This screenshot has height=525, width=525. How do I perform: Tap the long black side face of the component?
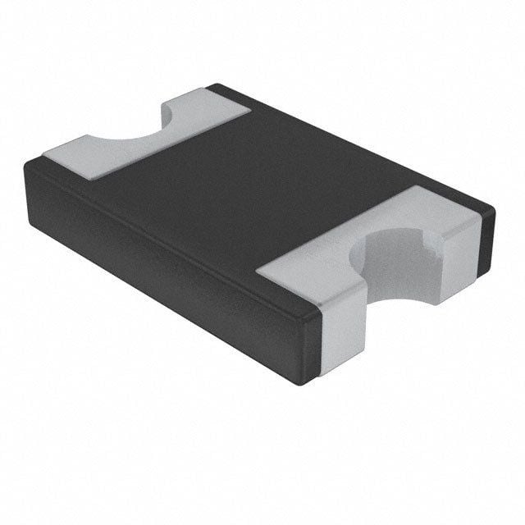tap(164, 246)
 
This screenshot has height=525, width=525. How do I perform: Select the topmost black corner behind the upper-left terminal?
tap(215, 84)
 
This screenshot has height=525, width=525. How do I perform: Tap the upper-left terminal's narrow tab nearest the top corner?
tap(217, 102)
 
